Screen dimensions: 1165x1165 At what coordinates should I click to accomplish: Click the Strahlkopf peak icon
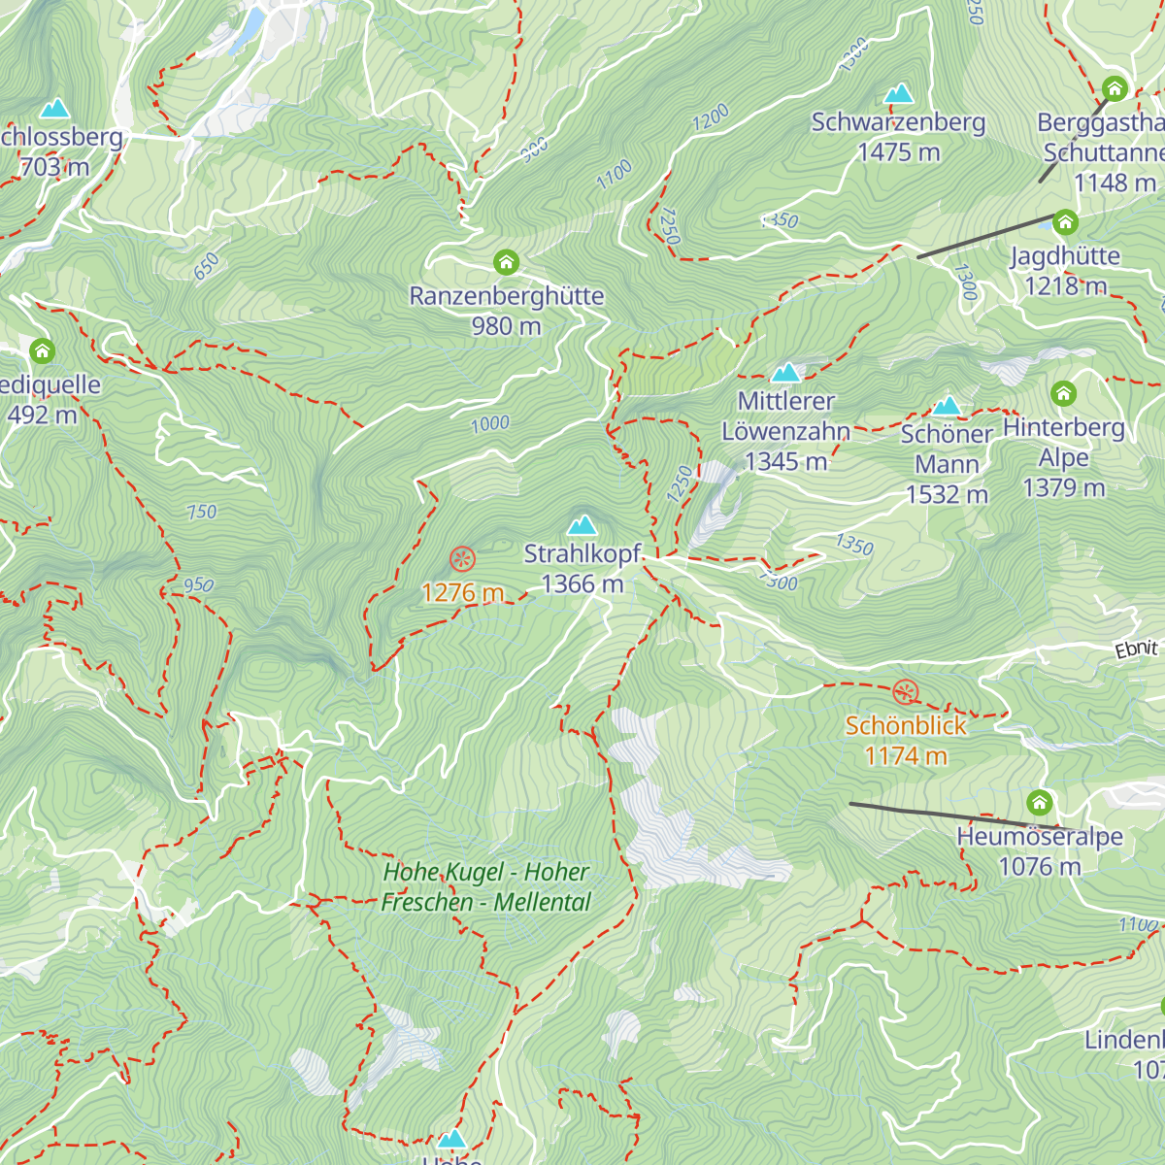coord(582,525)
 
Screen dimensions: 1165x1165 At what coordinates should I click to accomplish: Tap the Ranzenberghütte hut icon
coord(506,262)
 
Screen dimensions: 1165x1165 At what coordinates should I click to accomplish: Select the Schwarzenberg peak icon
coord(899,94)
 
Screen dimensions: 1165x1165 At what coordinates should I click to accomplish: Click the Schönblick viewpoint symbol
coord(905,692)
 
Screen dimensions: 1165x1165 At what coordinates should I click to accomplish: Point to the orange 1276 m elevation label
coord(462,592)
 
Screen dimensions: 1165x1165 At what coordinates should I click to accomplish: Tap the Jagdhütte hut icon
coord(1065,222)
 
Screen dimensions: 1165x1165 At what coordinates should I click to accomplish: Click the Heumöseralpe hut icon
coord(1040,803)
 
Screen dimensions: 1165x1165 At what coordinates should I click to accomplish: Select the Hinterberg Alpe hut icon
coord(1064,393)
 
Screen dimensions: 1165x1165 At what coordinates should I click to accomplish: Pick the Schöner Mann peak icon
coord(947,406)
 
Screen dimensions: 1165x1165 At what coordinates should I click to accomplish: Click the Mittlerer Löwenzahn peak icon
coord(785,372)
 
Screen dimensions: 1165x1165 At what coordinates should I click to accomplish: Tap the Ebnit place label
coord(1136,649)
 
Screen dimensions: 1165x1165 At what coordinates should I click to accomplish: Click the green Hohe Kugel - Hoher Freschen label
coord(485,887)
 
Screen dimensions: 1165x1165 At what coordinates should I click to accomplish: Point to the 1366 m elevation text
coord(582,583)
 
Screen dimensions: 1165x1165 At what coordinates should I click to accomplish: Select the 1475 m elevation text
coord(899,152)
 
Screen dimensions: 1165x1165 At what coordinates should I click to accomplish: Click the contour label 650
coord(206,266)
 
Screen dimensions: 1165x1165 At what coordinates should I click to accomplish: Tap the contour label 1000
coord(490,423)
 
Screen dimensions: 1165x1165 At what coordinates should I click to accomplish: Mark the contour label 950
coord(198,584)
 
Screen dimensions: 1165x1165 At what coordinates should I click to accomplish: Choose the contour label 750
coord(202,512)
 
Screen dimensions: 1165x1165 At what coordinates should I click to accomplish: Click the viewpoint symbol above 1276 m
coord(462,558)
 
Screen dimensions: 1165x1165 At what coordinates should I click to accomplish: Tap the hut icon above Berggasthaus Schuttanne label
coord(1114,89)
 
